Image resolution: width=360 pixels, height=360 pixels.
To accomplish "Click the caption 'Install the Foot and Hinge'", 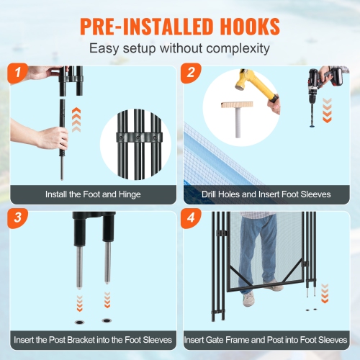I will (x=93, y=194).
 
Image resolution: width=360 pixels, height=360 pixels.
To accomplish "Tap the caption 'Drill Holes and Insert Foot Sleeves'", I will (x=266, y=194).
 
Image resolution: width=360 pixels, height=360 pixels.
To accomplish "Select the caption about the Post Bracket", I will (x=94, y=339).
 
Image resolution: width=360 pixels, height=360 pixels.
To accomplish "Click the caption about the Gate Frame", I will (x=266, y=339).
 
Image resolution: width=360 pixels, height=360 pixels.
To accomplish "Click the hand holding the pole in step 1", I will (x=52, y=137).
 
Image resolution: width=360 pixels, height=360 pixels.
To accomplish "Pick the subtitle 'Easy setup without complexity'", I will (x=179, y=49).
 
